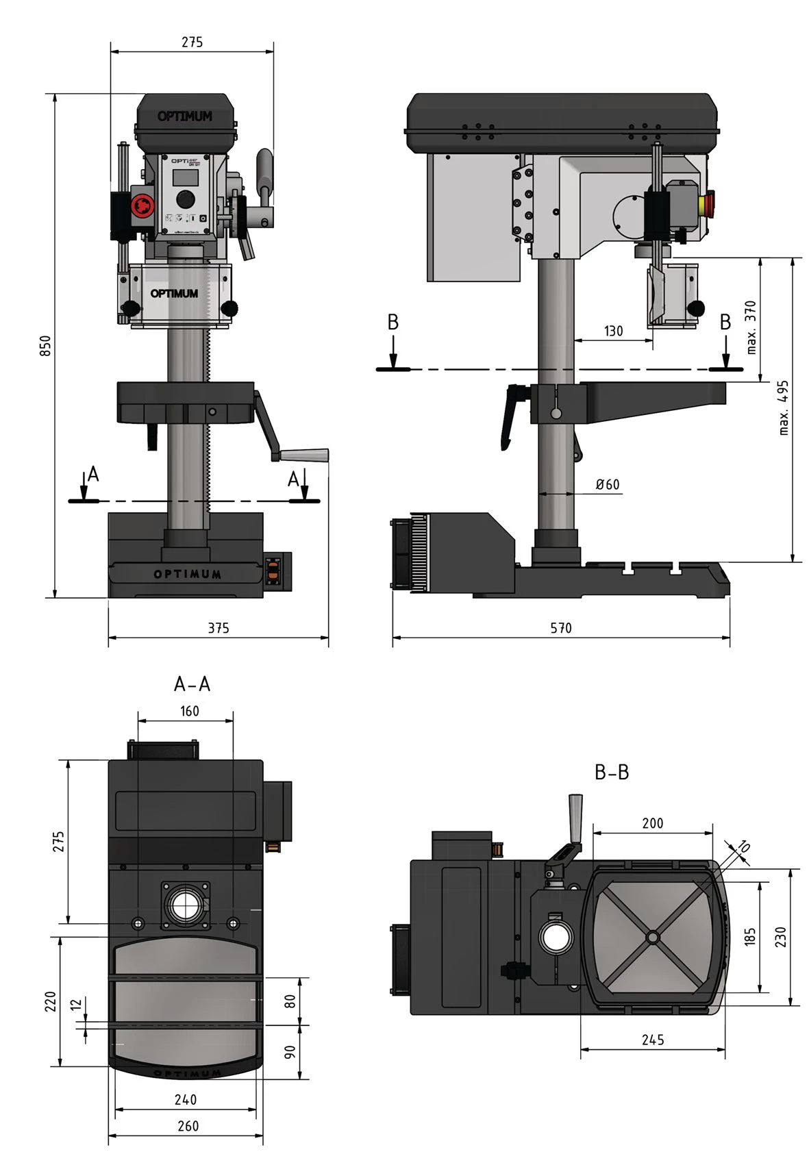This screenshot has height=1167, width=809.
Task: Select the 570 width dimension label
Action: (560, 627)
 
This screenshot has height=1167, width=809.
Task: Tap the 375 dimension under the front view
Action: (218, 627)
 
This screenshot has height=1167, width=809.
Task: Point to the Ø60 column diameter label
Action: (607, 484)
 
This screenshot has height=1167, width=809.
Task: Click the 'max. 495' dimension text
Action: (784, 407)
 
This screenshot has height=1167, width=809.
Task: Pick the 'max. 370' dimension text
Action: (751, 327)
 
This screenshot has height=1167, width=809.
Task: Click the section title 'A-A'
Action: (192, 683)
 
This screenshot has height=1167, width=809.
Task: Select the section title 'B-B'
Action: (611, 772)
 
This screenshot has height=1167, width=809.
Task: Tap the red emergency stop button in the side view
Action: (708, 203)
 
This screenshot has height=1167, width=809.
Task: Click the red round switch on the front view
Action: (142, 204)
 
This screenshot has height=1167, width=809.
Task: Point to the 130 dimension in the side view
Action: (613, 331)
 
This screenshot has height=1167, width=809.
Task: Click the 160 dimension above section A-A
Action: (190, 711)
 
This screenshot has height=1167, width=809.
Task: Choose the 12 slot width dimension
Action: (76, 1004)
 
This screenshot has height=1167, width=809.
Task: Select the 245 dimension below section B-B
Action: (653, 1040)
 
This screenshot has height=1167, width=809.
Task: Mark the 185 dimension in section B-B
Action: (750, 936)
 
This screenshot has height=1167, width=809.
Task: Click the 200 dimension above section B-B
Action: (652, 823)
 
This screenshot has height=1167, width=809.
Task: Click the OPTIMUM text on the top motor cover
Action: (184, 116)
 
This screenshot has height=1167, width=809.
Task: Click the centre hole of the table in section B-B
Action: (652, 936)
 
